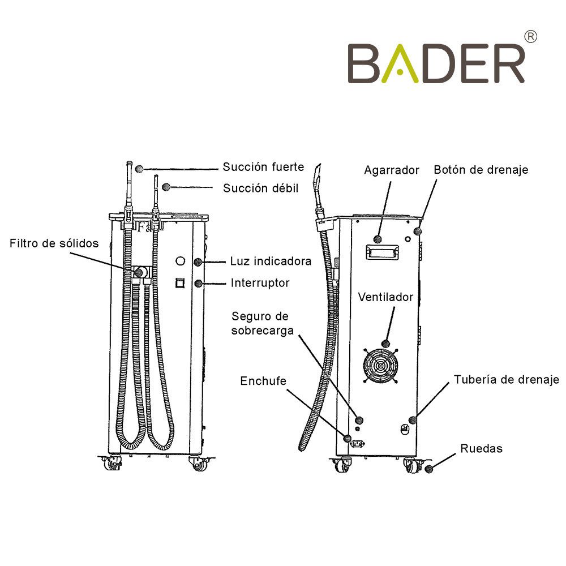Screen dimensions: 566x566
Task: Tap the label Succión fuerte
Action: click(263, 167)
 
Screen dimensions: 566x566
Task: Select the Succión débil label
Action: click(260, 188)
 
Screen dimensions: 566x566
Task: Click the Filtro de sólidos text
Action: click(54, 243)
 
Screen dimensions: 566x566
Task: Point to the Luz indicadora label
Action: click(271, 261)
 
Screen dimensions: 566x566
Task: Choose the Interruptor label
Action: click(260, 282)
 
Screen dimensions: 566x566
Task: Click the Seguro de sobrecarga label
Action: click(263, 323)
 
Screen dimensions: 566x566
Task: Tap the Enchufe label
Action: click(263, 381)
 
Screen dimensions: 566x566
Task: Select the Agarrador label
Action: click(391, 170)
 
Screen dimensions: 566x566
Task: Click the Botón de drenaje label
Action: click(481, 170)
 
